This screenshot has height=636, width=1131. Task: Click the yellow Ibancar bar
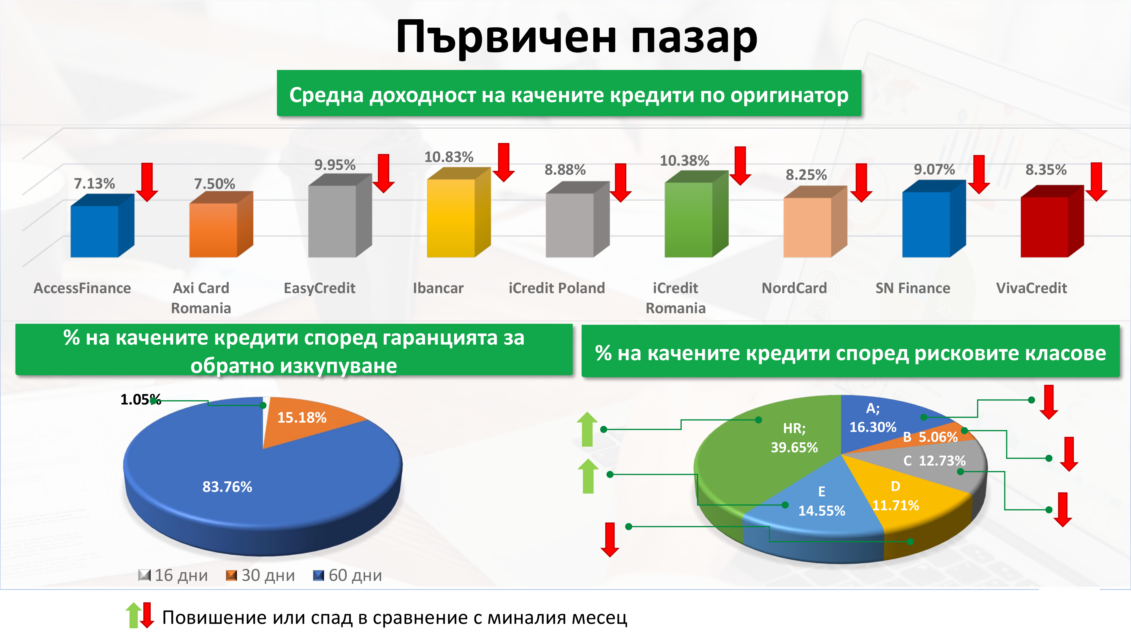[x=458, y=213]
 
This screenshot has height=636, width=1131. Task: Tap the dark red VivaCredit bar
[x=1052, y=221]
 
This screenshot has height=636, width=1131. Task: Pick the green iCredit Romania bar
[x=696, y=214]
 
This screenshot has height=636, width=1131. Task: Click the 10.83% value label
[x=449, y=157]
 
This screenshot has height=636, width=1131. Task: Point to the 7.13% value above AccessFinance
[x=94, y=183]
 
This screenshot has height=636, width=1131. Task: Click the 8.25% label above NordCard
[x=806, y=175]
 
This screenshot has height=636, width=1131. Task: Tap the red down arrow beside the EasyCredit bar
[x=383, y=173]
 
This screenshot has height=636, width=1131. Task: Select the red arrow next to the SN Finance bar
[x=979, y=174]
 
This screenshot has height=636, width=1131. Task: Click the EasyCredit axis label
[x=320, y=288]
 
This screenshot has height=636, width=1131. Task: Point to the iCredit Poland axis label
[x=557, y=288]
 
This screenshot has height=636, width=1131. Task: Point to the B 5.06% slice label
[x=930, y=437]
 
